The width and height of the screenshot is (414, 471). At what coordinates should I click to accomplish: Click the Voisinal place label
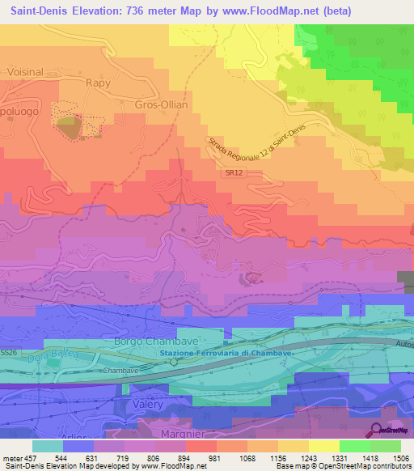[x=24, y=71]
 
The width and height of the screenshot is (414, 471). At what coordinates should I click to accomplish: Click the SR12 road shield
[x=231, y=173]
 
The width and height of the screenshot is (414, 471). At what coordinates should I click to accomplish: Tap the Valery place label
[x=146, y=404]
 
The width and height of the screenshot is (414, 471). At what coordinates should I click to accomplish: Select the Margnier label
[x=170, y=435]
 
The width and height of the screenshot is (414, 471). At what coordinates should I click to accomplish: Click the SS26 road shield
[x=9, y=353]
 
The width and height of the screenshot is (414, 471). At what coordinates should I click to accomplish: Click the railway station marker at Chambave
[x=173, y=363]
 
